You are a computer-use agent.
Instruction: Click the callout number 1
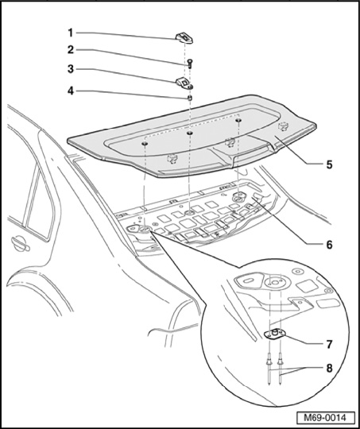point(71,33)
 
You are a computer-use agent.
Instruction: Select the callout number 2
point(71,50)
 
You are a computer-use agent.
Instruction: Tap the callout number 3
point(71,69)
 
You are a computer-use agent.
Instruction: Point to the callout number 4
point(71,91)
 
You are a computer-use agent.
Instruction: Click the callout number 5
point(329,164)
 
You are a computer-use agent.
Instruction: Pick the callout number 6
point(329,245)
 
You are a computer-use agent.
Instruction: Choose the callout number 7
point(329,345)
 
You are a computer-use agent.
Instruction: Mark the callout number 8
point(329,368)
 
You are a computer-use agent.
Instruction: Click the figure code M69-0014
point(326,418)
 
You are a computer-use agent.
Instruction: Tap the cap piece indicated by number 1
point(184,38)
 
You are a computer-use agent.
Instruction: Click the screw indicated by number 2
point(190,64)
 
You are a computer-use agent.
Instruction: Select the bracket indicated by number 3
point(184,83)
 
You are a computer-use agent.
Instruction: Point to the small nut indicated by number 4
point(189,98)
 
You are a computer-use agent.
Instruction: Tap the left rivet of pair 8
point(269,369)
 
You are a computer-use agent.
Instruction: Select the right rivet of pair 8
point(281,369)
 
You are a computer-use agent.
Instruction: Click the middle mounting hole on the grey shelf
point(190,133)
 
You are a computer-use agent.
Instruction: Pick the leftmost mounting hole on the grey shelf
point(145,144)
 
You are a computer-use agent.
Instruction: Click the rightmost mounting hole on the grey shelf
point(238,121)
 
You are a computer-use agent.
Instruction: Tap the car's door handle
point(20,244)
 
